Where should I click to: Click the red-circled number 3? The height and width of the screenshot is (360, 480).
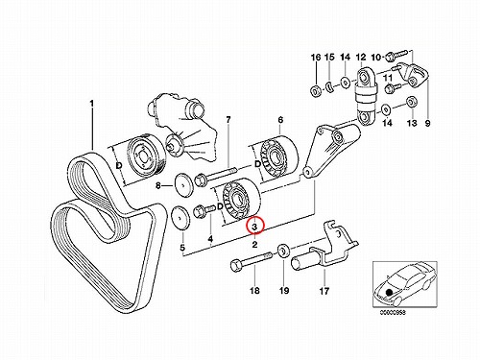[254, 227]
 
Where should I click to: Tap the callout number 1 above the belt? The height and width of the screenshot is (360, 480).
[91, 104]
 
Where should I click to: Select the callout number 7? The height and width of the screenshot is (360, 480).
[228, 120]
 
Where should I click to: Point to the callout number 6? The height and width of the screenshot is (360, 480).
[280, 120]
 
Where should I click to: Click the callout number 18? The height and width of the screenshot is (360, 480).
[254, 291]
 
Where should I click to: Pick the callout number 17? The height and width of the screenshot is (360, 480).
[324, 291]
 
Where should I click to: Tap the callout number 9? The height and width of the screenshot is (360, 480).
[427, 123]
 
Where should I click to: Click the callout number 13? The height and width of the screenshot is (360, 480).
[412, 123]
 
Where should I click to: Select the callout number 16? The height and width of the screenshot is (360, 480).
[316, 58]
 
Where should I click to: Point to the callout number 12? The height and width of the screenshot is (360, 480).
[361, 58]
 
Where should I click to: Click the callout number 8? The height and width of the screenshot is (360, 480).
[158, 185]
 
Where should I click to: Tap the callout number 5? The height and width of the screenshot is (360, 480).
[182, 248]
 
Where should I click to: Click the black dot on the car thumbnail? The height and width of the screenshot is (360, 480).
[389, 292]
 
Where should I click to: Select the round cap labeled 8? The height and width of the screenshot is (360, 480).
[183, 184]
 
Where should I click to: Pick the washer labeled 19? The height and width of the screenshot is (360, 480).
[283, 251]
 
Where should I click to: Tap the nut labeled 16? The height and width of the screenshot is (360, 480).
[315, 91]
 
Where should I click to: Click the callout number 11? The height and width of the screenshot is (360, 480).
[388, 78]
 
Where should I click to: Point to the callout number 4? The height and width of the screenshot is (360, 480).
[210, 239]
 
